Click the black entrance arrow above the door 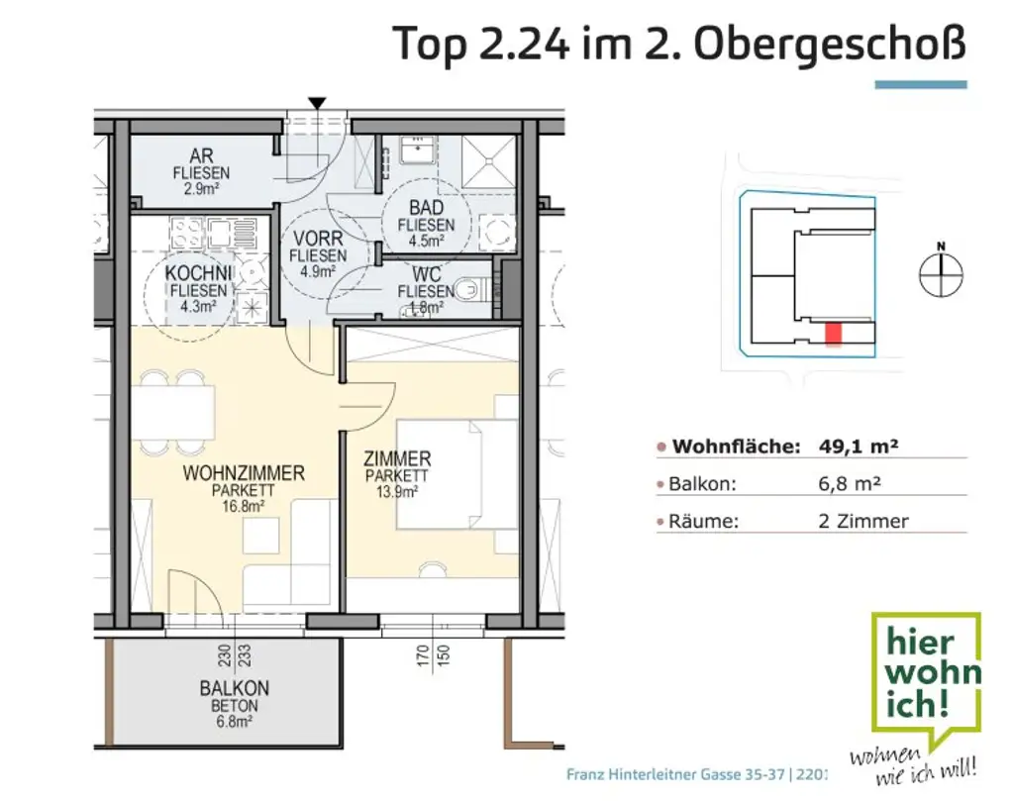tap(317, 103)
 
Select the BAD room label tap(426, 208)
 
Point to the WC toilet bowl tap(474, 290)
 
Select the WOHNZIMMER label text tap(244, 473)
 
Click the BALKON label tap(234, 688)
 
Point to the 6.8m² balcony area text tap(234, 721)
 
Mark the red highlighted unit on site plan tap(834, 335)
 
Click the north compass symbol tap(941, 273)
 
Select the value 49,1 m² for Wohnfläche tap(858, 447)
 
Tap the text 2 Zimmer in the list tap(862, 521)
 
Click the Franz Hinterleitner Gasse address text tap(693, 774)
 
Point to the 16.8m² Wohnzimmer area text tap(244, 506)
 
